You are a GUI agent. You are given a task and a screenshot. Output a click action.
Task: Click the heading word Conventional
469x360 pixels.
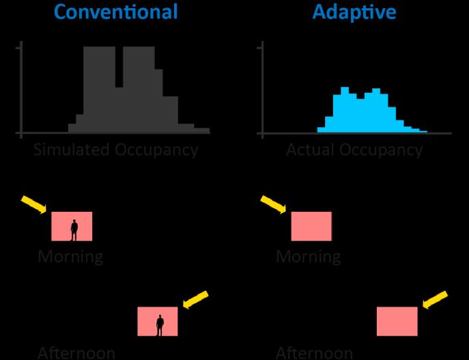(x=115, y=12)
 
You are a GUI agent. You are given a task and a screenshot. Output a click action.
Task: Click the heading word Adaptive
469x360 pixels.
(x=354, y=12)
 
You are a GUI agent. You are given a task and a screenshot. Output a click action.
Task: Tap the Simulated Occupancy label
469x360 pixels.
(x=115, y=150)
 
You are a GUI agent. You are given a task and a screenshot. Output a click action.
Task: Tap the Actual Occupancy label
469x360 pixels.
(x=354, y=150)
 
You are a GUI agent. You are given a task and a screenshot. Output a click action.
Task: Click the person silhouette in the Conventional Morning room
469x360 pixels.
(x=74, y=230)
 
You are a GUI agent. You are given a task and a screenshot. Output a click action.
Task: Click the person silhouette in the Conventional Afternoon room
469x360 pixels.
(x=160, y=324)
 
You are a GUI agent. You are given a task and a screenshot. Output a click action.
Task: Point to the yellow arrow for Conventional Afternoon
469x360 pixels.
(x=195, y=300)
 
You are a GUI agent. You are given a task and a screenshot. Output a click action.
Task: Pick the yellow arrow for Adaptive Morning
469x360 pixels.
(x=274, y=204)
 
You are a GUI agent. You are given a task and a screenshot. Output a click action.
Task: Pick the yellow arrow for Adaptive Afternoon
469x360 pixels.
(x=435, y=300)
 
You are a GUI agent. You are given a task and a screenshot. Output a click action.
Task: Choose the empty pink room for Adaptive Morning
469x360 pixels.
(x=311, y=226)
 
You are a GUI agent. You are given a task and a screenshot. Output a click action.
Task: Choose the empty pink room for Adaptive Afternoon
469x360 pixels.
(x=397, y=321)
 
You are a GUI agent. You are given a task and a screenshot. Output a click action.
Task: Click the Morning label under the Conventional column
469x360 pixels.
(x=70, y=257)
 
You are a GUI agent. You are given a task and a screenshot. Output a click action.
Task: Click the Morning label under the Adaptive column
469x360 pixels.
(x=309, y=257)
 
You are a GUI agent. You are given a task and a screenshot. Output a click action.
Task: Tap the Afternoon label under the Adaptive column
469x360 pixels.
(x=314, y=352)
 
